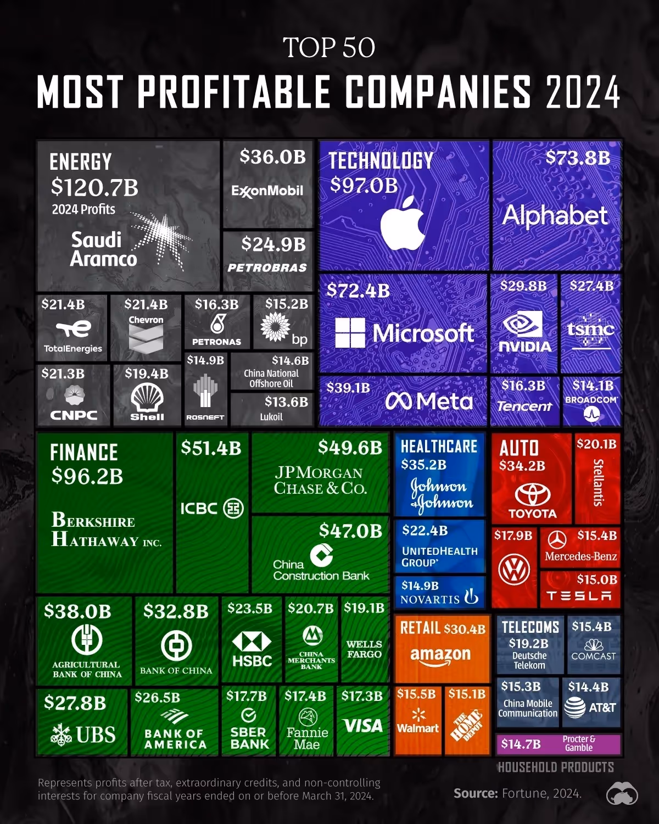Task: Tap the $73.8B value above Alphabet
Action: [x=578, y=158]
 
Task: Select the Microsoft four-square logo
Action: [x=350, y=333]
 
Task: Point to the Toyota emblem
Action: [x=532, y=494]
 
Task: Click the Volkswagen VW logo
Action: [x=514, y=569]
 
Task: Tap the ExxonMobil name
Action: [x=267, y=191]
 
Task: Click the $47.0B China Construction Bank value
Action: [x=350, y=531]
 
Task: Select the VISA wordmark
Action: [x=362, y=726]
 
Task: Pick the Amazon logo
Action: [x=440, y=655]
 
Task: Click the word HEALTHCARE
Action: [x=439, y=447]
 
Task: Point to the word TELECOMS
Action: [x=530, y=627]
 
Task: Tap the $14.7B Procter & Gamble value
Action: [x=521, y=744]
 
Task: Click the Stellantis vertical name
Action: [x=598, y=482]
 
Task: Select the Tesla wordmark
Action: [x=579, y=596]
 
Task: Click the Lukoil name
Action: [x=271, y=417]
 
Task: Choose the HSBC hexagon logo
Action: [x=252, y=641]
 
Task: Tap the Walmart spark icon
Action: [x=418, y=714]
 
